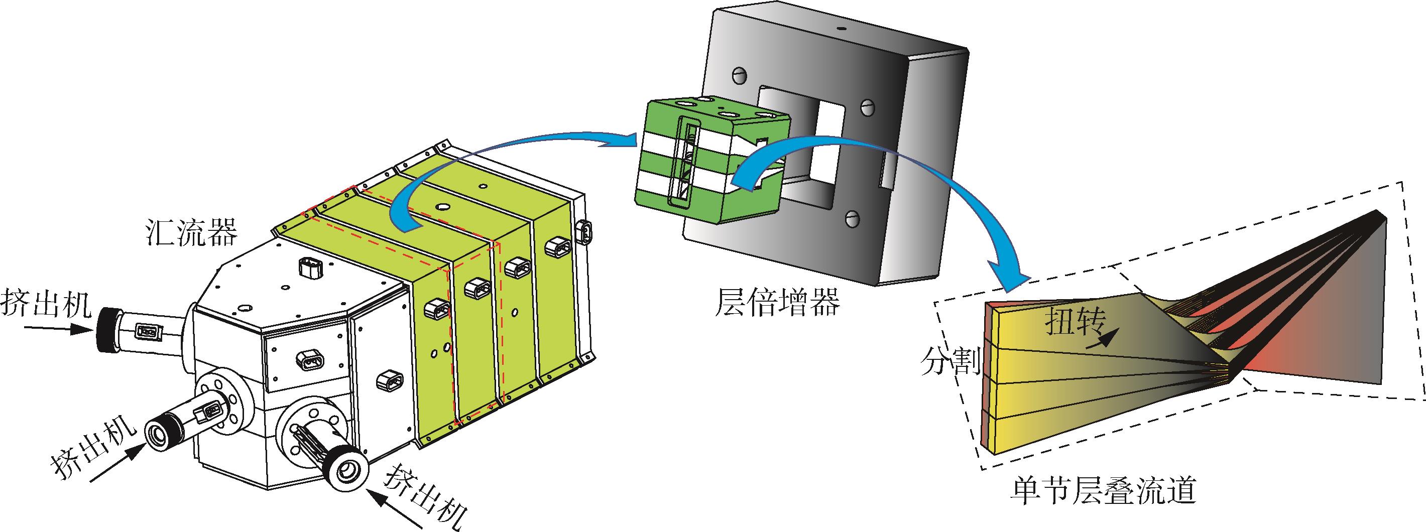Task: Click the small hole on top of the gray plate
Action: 841,27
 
